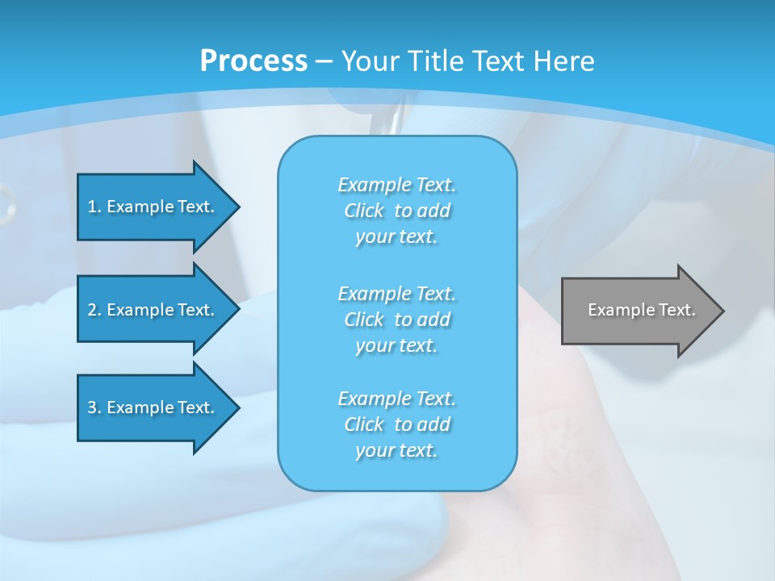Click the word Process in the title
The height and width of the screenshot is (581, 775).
pyautogui.click(x=253, y=61)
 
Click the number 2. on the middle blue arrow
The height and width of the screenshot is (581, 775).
pyautogui.click(x=94, y=310)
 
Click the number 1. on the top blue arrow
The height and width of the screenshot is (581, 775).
pyautogui.click(x=94, y=207)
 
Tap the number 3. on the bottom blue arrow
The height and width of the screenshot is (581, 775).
pyautogui.click(x=94, y=408)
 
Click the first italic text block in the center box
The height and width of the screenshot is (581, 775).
pyautogui.click(x=396, y=211)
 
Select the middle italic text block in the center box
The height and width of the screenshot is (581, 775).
pyautogui.click(x=396, y=320)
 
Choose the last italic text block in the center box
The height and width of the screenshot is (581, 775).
pyautogui.click(x=396, y=424)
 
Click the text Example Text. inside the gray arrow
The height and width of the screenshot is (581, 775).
pyautogui.click(x=641, y=310)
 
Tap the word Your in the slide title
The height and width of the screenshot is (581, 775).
pyautogui.click(x=369, y=61)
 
